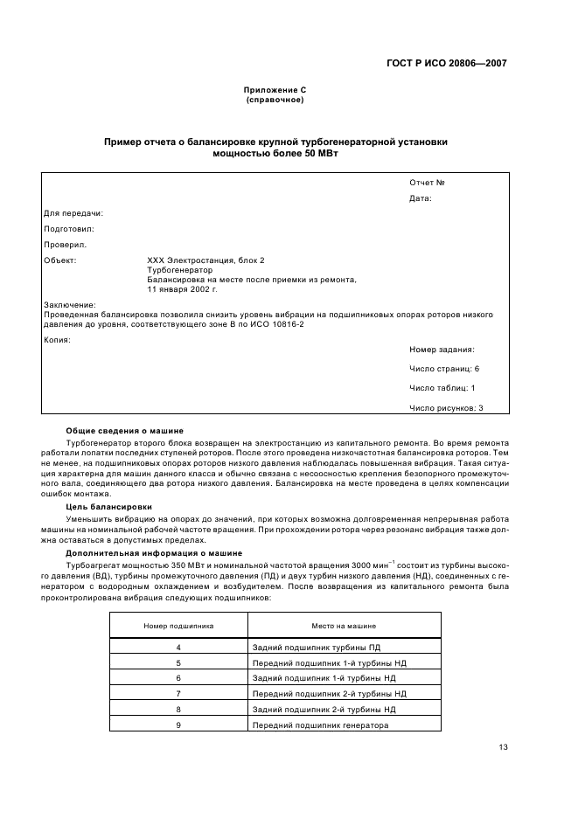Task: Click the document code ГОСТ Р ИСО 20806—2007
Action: point(446,64)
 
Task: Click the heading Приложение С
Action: point(275,90)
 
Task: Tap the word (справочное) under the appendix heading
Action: point(275,100)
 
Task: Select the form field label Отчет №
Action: point(428,183)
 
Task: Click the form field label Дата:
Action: point(421,198)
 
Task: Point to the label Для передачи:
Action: point(73,213)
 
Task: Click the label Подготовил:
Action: point(68,229)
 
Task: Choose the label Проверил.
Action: point(65,245)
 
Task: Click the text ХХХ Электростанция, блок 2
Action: point(205,260)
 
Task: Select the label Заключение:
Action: point(69,305)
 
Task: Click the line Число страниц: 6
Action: point(444,369)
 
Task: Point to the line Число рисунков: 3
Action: point(446,407)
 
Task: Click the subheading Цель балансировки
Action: point(108,507)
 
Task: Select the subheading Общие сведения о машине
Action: point(124,430)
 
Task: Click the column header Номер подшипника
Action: point(178,626)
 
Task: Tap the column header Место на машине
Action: point(344,626)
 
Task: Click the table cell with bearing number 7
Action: point(178,694)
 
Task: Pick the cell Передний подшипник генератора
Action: point(320,725)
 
